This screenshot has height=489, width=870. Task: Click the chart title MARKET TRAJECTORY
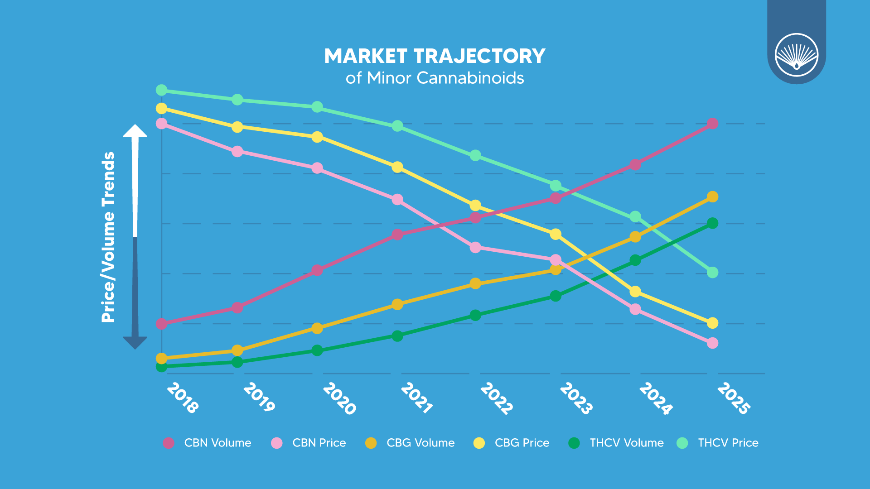pyautogui.click(x=435, y=56)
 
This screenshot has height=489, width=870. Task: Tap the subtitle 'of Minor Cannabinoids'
pyautogui.click(x=435, y=78)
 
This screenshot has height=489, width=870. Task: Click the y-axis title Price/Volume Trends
pyautogui.click(x=108, y=237)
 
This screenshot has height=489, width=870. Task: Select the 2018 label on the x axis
pyautogui.click(x=182, y=398)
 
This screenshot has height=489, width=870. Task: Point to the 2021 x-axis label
pyautogui.click(x=416, y=398)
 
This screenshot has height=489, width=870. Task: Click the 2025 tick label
pyautogui.click(x=734, y=398)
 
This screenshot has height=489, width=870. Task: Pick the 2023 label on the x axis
pyautogui.click(x=575, y=398)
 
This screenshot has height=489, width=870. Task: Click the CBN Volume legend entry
pyautogui.click(x=208, y=443)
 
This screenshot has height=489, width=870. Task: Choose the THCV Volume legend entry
pyautogui.click(x=616, y=443)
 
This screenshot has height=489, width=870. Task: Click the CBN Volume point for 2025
pyautogui.click(x=712, y=124)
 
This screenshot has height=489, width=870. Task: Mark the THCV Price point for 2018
pyautogui.click(x=162, y=91)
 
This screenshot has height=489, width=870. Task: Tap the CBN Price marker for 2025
pyautogui.click(x=712, y=343)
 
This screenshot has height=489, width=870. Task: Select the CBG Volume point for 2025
pyautogui.click(x=712, y=197)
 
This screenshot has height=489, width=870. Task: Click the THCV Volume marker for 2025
pyautogui.click(x=712, y=223)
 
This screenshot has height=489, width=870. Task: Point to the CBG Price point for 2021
pyautogui.click(x=397, y=168)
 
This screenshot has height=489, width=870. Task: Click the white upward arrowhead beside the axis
pyautogui.click(x=135, y=131)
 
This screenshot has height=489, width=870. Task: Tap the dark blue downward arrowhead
pyautogui.click(x=135, y=342)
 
